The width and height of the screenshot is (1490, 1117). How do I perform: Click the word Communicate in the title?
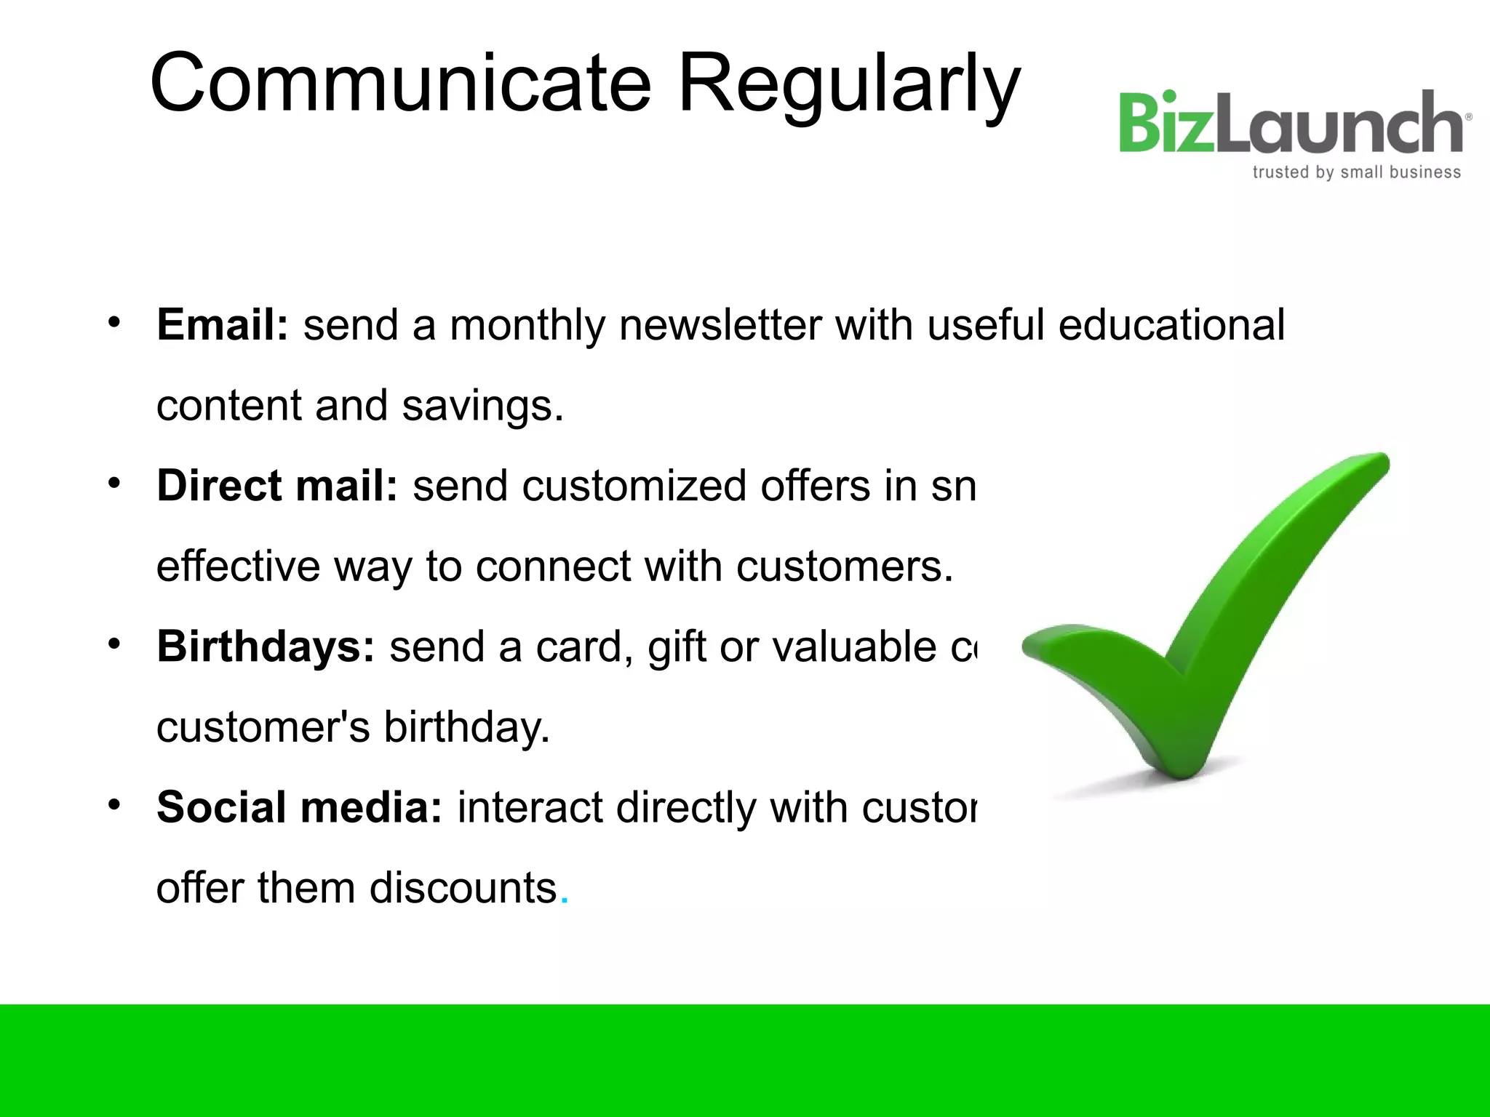(400, 84)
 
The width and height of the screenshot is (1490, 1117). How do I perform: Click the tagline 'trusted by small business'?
(1356, 172)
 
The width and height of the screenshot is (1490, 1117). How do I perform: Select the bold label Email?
(223, 324)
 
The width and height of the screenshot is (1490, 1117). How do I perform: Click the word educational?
(1171, 324)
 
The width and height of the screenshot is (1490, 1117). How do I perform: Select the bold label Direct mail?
(277, 486)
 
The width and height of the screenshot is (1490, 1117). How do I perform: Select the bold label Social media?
(299, 807)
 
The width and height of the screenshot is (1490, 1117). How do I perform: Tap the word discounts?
(463, 888)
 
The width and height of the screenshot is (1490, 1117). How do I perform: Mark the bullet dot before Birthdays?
(113, 644)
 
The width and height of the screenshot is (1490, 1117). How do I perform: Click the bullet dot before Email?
(113, 322)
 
